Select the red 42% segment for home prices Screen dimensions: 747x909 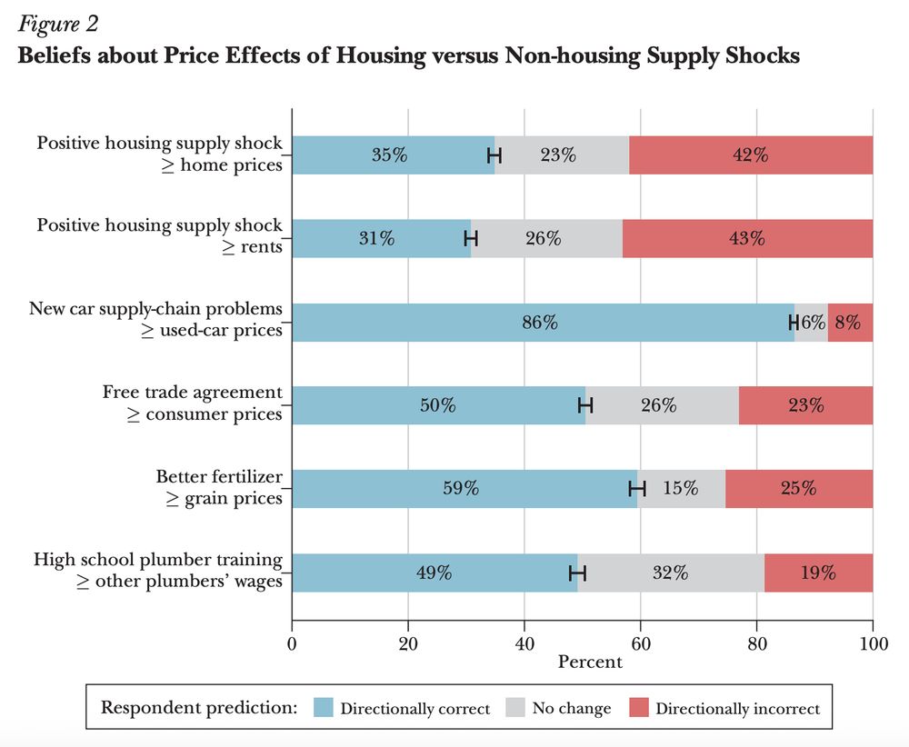[751, 154]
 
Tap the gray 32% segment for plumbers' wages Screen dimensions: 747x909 [671, 573]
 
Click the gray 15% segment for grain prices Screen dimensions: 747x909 [680, 489]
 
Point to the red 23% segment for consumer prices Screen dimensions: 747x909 [805, 405]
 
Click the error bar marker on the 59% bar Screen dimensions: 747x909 [637, 489]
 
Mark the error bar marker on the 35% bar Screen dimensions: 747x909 [494, 154]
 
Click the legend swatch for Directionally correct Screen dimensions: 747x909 [324, 708]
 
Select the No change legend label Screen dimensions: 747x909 [572, 708]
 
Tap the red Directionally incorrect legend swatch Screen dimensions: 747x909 [639, 708]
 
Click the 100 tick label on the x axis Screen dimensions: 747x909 [873, 644]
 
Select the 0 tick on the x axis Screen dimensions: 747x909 [292, 644]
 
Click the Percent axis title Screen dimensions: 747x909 [590, 662]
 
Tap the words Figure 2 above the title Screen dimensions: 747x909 [57, 22]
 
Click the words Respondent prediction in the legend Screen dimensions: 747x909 [199, 707]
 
